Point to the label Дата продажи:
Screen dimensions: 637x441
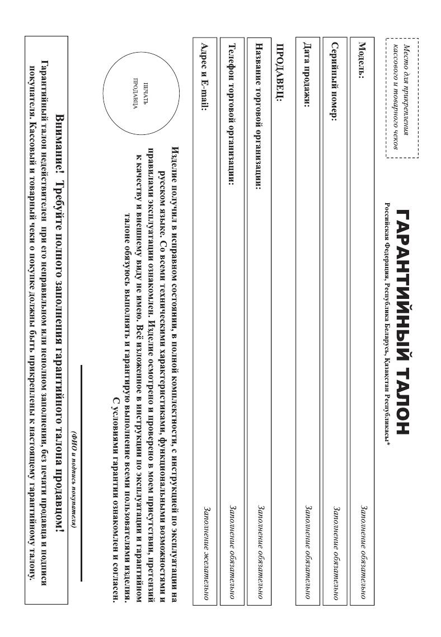coord(306,72)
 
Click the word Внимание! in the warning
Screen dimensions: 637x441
coord(63,133)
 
